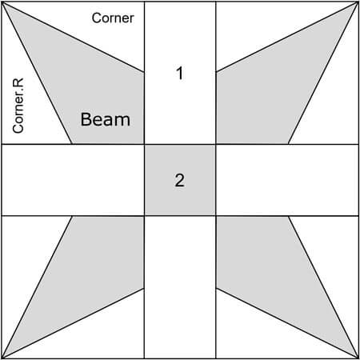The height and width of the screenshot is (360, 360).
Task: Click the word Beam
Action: pos(106,119)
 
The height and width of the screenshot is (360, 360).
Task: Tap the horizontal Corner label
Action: pos(113,18)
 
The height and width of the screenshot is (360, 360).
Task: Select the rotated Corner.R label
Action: pos(18,106)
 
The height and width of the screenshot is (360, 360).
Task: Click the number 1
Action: pos(180,73)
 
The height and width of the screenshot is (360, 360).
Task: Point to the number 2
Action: pos(180,180)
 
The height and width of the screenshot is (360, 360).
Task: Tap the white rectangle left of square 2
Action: pos(73,180)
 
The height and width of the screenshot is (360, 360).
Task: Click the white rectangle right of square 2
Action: pos(287,180)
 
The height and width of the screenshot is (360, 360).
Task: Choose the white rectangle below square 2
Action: pos(180,287)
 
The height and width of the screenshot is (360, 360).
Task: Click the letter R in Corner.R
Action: pos(18,82)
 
